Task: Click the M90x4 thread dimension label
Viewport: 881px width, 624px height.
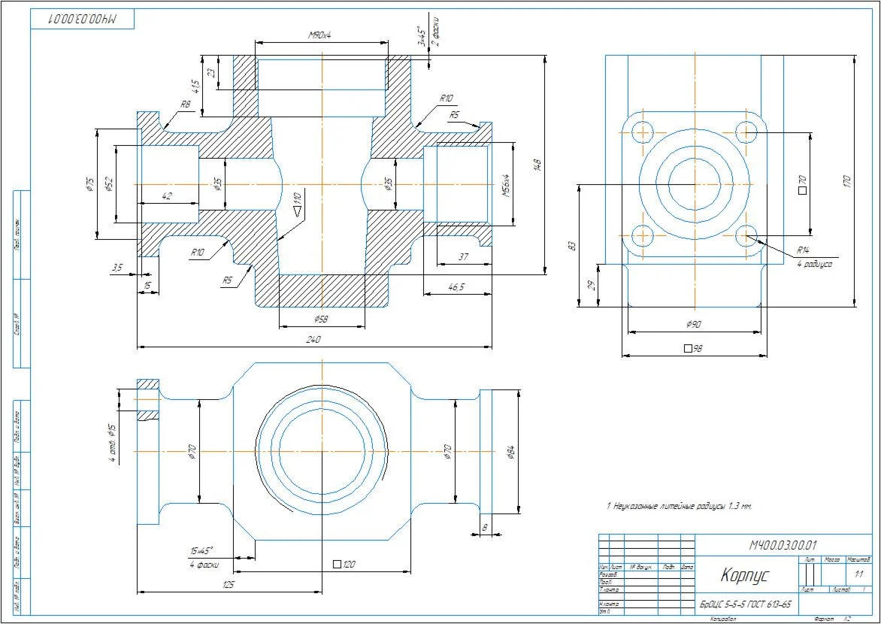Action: pyautogui.click(x=321, y=36)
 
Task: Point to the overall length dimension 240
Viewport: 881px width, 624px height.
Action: pyautogui.click(x=314, y=340)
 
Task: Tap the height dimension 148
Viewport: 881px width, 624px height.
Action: pyautogui.click(x=537, y=165)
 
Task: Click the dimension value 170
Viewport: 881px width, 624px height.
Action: pyautogui.click(x=847, y=181)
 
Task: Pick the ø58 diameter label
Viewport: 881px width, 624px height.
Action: pyautogui.click(x=321, y=320)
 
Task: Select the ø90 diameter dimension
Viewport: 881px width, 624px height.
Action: pyautogui.click(x=693, y=324)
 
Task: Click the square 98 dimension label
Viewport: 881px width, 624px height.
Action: pyautogui.click(x=693, y=349)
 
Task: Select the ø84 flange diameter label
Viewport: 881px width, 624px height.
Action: pyautogui.click(x=511, y=451)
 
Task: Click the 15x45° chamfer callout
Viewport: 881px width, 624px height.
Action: pyautogui.click(x=201, y=550)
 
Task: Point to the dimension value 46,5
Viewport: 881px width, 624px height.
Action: pyautogui.click(x=456, y=287)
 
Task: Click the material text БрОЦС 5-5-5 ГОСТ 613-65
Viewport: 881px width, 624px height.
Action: pyautogui.click(x=746, y=604)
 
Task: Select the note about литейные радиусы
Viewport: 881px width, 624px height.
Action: pyautogui.click(x=679, y=506)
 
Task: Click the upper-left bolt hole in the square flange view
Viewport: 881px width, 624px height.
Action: pyautogui.click(x=642, y=132)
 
